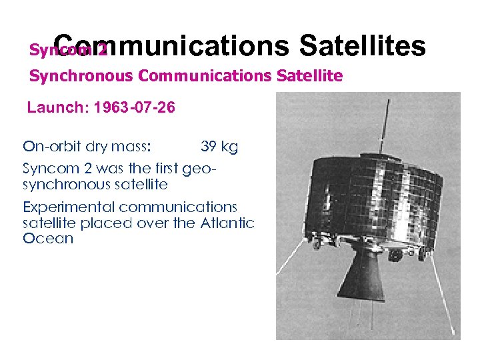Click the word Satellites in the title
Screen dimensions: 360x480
click(x=362, y=47)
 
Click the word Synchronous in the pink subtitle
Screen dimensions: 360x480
click(x=81, y=76)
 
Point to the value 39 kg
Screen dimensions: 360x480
click(x=219, y=147)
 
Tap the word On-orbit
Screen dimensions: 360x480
click(x=51, y=147)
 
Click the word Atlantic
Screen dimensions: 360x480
click(x=227, y=223)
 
